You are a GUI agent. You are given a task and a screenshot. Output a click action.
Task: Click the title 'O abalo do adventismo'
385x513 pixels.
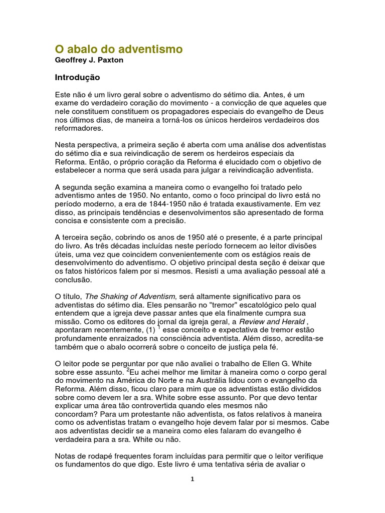(x=118, y=49)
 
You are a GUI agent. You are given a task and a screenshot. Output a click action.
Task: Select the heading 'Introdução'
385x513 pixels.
(x=77, y=78)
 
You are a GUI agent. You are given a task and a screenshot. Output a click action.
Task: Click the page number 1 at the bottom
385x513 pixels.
(x=192, y=479)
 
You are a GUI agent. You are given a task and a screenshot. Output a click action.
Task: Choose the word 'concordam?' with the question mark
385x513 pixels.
(x=76, y=414)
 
